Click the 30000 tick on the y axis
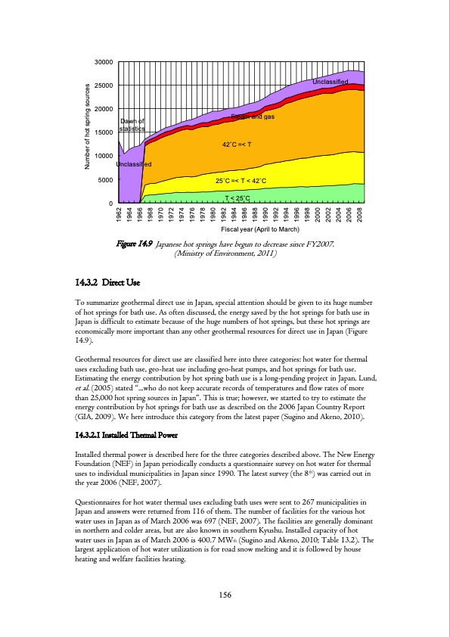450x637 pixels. click(104, 61)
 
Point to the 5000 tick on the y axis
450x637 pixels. click(106, 180)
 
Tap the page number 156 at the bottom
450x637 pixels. click(225, 595)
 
